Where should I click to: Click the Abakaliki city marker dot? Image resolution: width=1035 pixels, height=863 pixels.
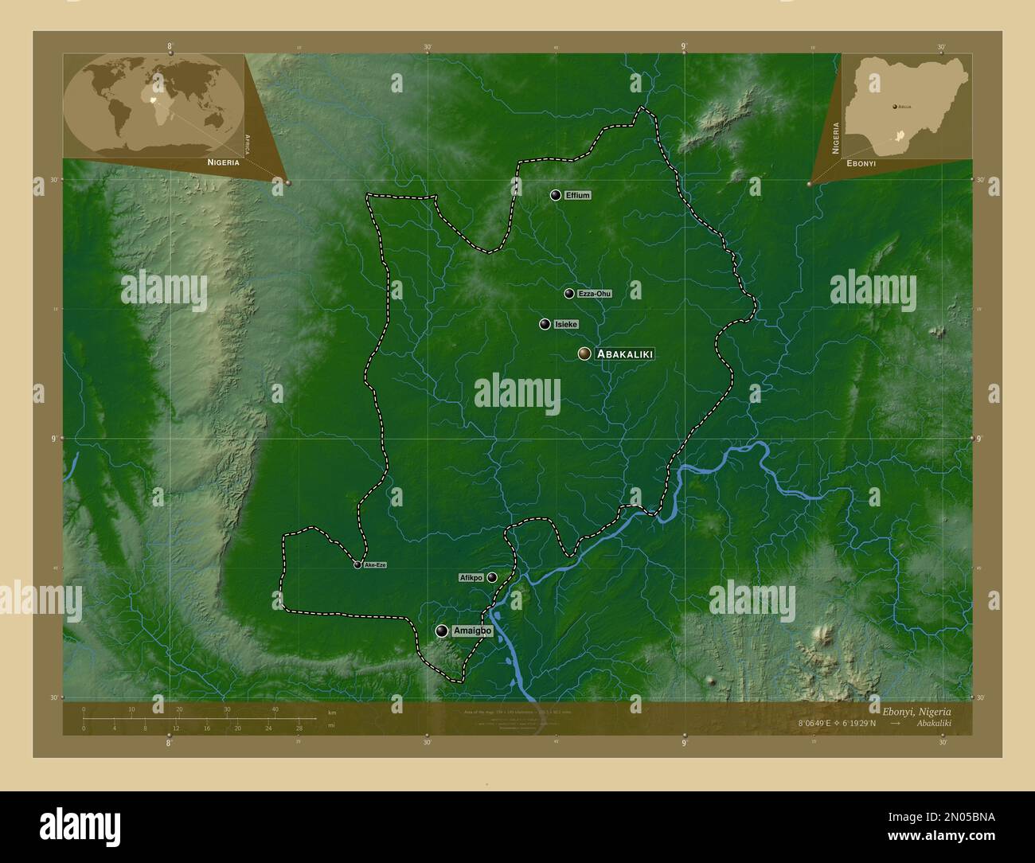tap(584, 353)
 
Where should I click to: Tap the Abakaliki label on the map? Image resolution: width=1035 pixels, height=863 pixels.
tap(624, 353)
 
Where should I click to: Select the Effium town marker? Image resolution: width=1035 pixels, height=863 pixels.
tap(555, 195)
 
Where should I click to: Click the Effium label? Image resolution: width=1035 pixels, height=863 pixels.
tap(577, 195)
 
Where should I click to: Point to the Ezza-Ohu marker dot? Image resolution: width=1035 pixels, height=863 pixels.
tap(569, 294)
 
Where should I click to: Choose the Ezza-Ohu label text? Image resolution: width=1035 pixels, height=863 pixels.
tap(595, 294)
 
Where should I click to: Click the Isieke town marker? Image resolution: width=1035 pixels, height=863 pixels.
tap(545, 324)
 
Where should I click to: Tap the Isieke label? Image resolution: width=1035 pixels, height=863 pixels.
tap(566, 324)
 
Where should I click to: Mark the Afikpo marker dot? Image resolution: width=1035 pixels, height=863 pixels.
tap(492, 577)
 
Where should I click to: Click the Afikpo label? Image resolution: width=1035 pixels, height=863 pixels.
tap(471, 577)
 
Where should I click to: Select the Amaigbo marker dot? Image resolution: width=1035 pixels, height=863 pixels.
tap(442, 631)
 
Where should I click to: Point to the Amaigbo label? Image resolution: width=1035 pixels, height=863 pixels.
tap(472, 631)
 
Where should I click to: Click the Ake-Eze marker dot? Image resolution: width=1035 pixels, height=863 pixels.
tap(357, 564)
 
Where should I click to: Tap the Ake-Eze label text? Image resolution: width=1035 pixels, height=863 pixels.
tap(374, 564)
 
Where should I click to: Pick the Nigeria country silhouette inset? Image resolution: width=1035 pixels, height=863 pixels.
tap(904, 103)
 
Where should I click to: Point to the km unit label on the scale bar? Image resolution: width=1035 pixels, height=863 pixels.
tap(332, 713)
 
